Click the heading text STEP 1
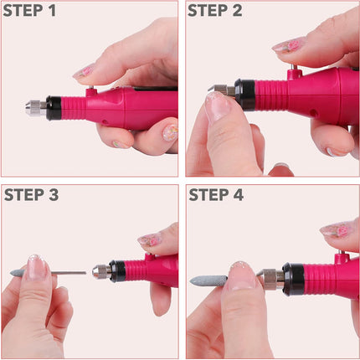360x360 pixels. coord(31,12)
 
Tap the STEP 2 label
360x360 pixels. coord(214,12)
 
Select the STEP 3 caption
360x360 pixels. coord(31,195)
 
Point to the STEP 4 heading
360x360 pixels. coord(215,195)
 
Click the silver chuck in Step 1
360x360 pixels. coord(36,109)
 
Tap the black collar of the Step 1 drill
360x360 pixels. coord(54,108)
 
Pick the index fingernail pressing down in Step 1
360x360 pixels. coord(84,71)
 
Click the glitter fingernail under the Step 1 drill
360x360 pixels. coord(170,132)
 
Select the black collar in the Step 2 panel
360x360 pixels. coord(245,94)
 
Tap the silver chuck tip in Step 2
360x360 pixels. coord(219,90)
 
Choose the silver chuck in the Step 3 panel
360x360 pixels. coord(100,271)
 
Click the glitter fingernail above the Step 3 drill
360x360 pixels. coord(150,240)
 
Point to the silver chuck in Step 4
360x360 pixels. coord(271,278)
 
